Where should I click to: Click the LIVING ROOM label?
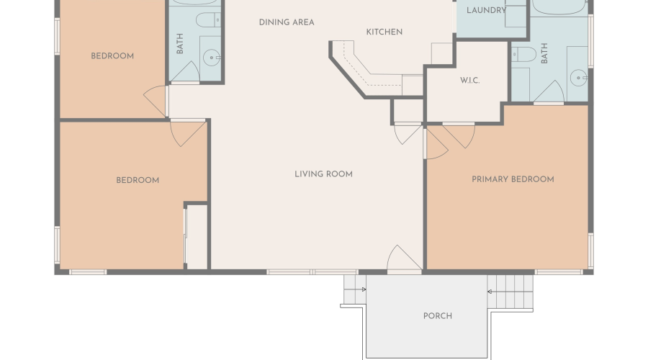point(323,174)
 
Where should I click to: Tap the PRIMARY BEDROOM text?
point(513,179)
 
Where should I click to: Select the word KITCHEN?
point(384,32)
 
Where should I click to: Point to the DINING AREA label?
point(287,22)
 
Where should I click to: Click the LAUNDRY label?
point(487,10)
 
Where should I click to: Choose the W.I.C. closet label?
point(470,80)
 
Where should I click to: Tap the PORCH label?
point(438,316)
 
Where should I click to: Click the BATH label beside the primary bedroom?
point(544,53)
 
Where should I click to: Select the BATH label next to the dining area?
point(180,43)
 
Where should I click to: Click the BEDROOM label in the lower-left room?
point(138,180)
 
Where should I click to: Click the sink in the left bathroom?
point(212,58)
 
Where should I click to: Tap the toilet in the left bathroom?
point(208,19)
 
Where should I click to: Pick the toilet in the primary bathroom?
point(523,54)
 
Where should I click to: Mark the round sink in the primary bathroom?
point(579,78)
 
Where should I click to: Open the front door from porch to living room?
point(404,260)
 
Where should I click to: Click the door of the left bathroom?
point(185,72)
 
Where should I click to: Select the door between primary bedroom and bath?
point(549,92)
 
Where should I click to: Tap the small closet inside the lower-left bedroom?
point(197,236)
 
